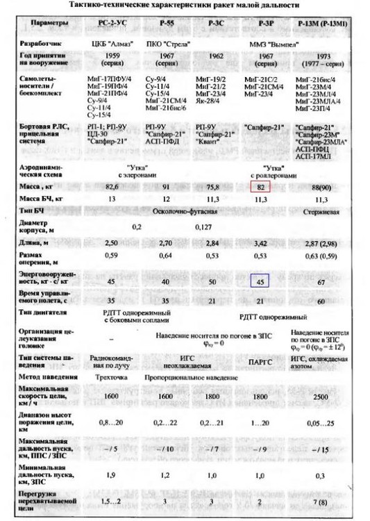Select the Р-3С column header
coord(215,24)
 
